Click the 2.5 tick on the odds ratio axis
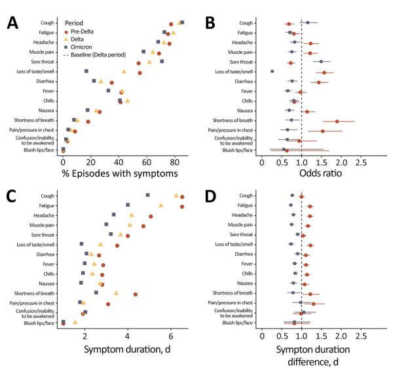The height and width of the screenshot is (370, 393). [360, 162]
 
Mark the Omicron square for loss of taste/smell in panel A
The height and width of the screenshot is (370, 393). [86, 71]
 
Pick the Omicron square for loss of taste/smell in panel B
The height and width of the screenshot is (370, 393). [272, 71]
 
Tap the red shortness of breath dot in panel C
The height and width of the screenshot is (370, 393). [136, 294]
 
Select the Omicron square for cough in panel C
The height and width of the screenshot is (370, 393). [147, 195]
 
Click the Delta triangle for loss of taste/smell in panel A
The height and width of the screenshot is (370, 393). [124, 72]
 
